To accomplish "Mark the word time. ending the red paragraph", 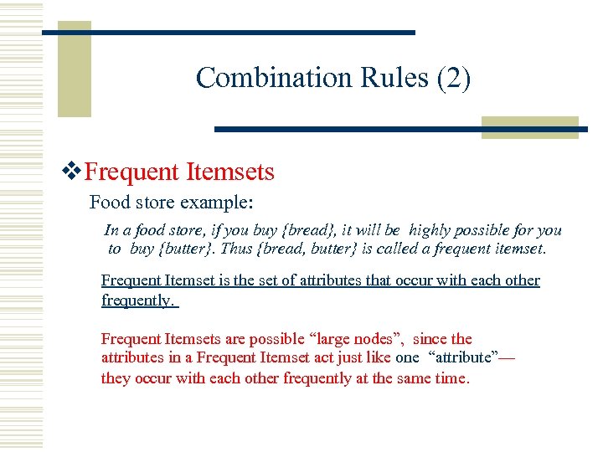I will coord(452,378).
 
